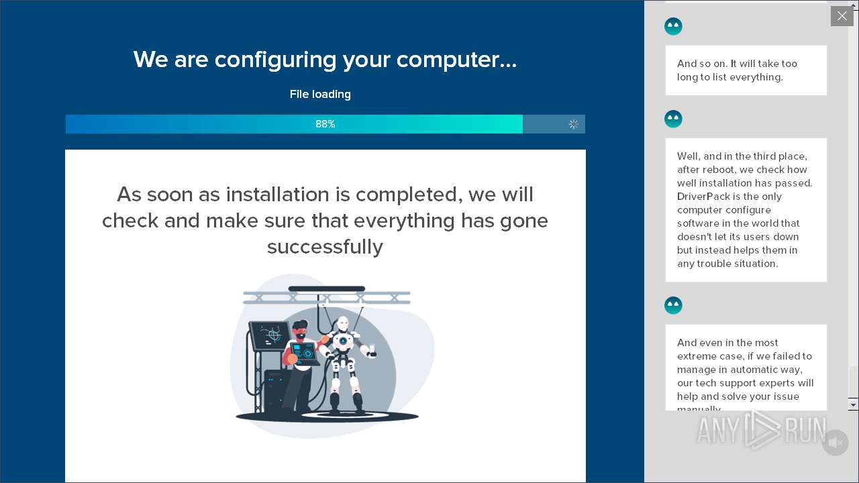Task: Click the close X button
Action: pyautogui.click(x=842, y=16)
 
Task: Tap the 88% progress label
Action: pyautogui.click(x=325, y=124)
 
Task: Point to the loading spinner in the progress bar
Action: pyautogui.click(x=573, y=124)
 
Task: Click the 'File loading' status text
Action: pyautogui.click(x=320, y=94)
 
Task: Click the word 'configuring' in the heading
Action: pyautogui.click(x=275, y=60)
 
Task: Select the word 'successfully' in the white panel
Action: pyautogui.click(x=325, y=246)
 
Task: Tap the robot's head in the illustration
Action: pyautogui.click(x=342, y=323)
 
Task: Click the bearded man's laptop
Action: pyautogui.click(x=305, y=354)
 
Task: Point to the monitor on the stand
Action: pyautogui.click(x=270, y=335)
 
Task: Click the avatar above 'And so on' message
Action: pyautogui.click(x=673, y=26)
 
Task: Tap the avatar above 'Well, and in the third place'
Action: pyautogui.click(x=673, y=119)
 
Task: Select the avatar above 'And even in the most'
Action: pyautogui.click(x=673, y=305)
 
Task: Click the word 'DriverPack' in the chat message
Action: pyautogui.click(x=704, y=197)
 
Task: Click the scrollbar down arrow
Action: pyautogui.click(x=853, y=405)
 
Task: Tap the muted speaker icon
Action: pyautogui.click(x=835, y=443)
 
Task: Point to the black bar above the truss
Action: pyautogui.click(x=327, y=288)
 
